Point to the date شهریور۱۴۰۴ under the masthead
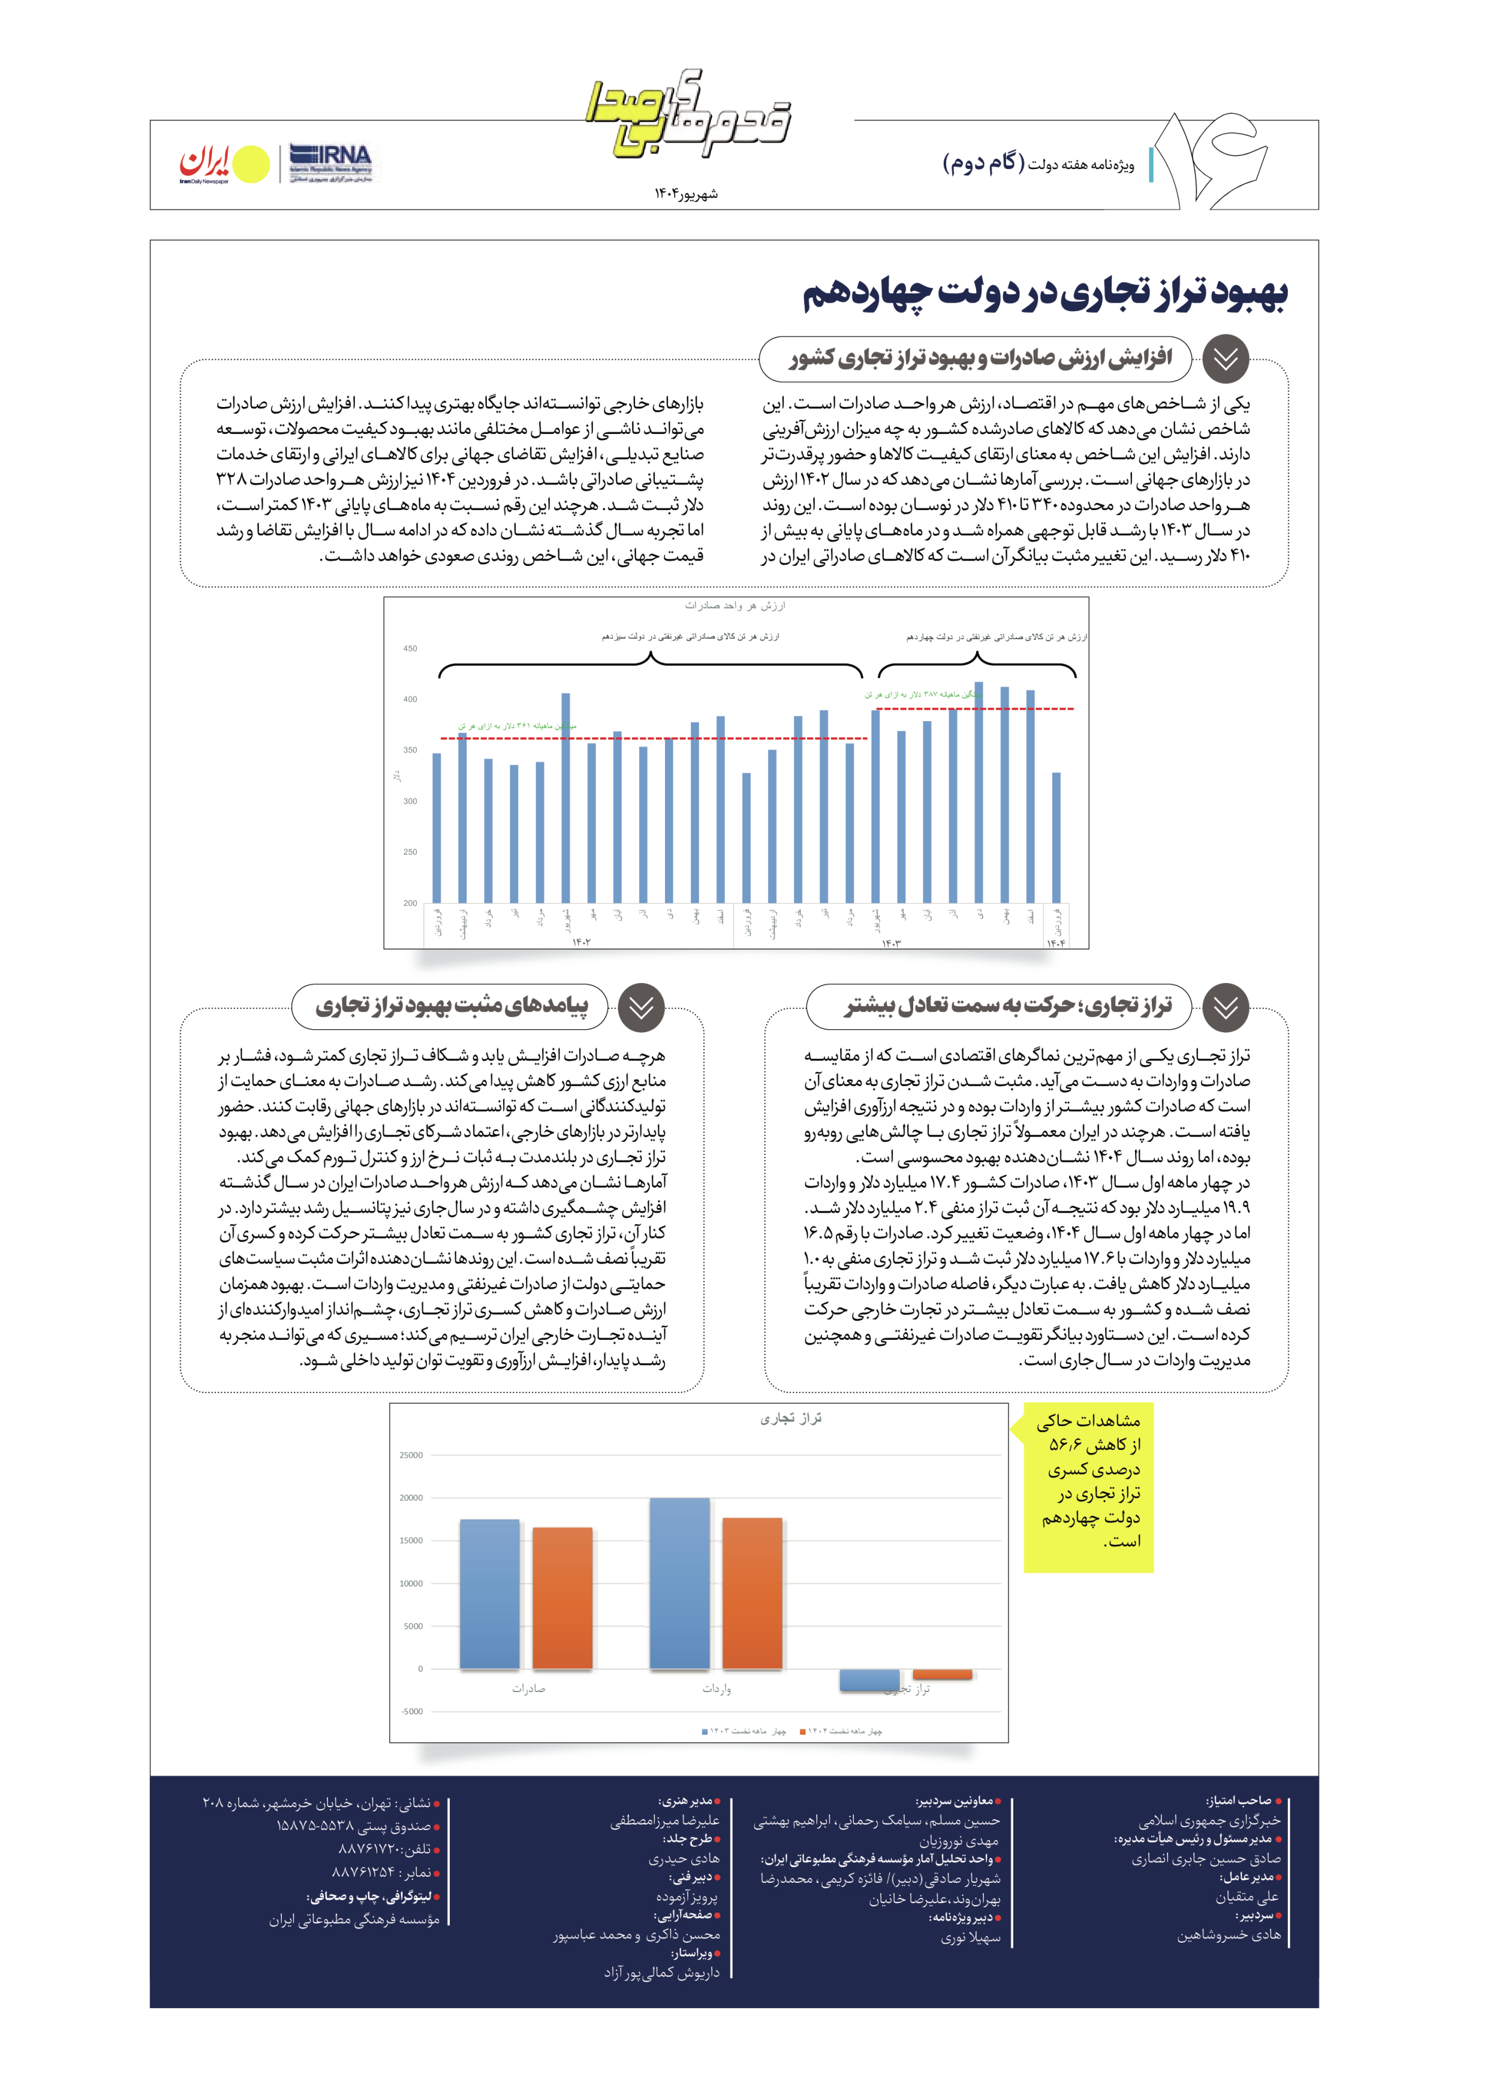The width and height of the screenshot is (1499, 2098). [686, 194]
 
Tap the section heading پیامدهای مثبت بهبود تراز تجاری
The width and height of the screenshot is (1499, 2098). [451, 1006]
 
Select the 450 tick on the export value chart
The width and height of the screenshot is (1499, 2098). [410, 649]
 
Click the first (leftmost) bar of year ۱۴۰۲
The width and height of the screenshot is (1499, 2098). [437, 828]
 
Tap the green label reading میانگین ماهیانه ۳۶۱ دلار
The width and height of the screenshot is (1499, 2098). [517, 726]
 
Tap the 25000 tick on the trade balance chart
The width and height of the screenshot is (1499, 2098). [411, 1455]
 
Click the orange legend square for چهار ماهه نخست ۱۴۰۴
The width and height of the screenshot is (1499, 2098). [802, 1732]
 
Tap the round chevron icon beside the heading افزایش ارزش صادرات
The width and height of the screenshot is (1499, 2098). [1225, 360]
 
